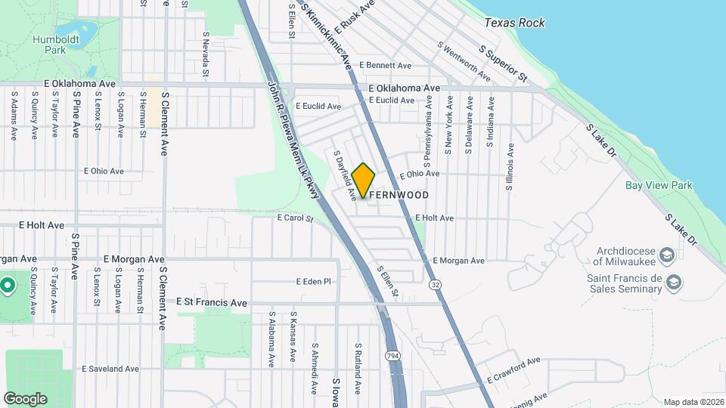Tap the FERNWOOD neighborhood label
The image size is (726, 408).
(x=400, y=195)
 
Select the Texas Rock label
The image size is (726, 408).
(x=514, y=23)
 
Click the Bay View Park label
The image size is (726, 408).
(x=659, y=185)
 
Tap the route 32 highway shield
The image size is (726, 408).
(x=435, y=284)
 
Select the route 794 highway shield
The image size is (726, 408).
(x=392, y=354)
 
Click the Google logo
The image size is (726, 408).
(x=25, y=398)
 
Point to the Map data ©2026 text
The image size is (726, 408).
(x=693, y=402)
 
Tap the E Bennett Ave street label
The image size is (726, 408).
(x=385, y=66)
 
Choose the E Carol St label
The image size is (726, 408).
(x=295, y=218)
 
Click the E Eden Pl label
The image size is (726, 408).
(x=314, y=281)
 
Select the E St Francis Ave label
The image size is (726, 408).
(x=212, y=302)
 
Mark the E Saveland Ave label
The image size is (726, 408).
(x=112, y=369)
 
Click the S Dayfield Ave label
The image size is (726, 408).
(x=345, y=175)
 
